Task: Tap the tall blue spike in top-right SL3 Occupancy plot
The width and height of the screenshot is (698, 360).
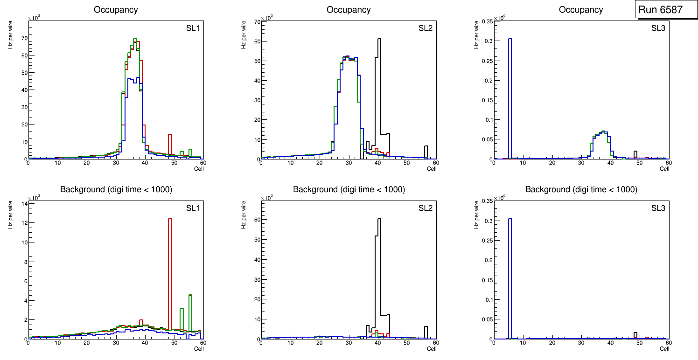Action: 510,93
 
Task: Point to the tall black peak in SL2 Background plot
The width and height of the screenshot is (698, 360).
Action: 379,261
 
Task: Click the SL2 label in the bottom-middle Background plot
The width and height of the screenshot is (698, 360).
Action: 426,208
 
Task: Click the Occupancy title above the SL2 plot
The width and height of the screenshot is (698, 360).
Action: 349,10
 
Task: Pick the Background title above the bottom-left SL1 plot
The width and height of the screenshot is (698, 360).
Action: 116,189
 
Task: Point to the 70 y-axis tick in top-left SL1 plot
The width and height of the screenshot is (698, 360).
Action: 23,38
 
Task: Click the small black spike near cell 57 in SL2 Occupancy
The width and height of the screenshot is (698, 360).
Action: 426,152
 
